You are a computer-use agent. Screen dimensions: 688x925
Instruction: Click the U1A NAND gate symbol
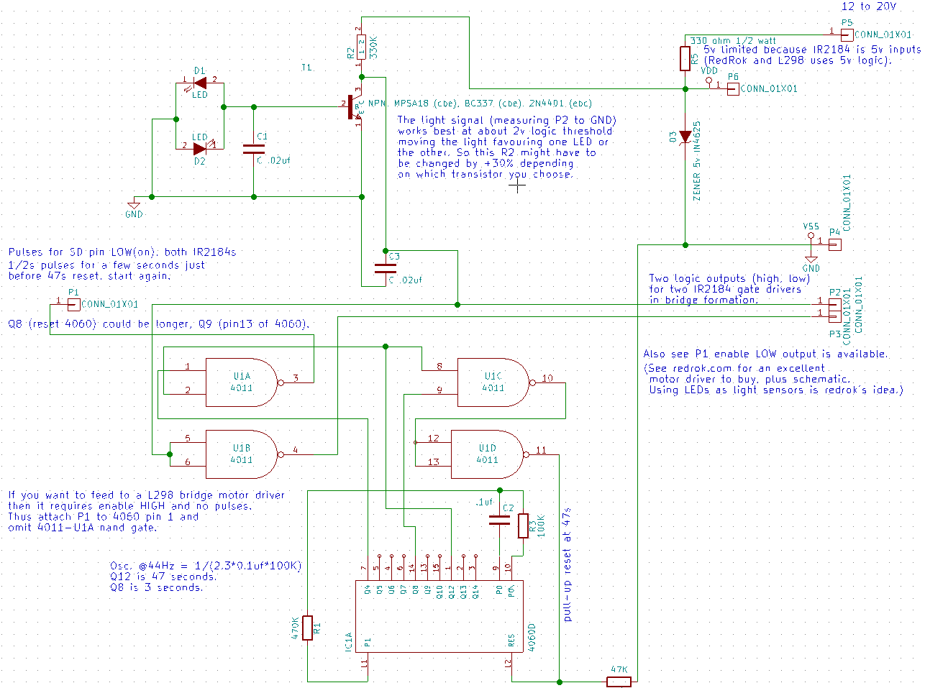pyautogui.click(x=242, y=382)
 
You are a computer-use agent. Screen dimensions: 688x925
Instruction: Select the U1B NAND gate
pyautogui.click(x=242, y=454)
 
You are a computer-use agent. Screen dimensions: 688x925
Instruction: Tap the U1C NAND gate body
pyautogui.click(x=493, y=382)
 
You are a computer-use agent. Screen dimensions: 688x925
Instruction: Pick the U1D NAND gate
pyautogui.click(x=487, y=454)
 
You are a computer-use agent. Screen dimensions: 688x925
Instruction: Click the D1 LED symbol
pyautogui.click(x=199, y=83)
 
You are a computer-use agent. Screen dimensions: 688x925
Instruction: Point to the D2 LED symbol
pyautogui.click(x=199, y=149)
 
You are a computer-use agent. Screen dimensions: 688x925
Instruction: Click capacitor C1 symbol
pyautogui.click(x=253, y=150)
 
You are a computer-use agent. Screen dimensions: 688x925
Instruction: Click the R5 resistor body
pyautogui.click(x=685, y=58)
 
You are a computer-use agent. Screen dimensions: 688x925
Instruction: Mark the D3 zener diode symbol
pyautogui.click(x=685, y=137)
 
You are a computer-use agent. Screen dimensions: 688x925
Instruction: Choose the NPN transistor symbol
pyautogui.click(x=354, y=107)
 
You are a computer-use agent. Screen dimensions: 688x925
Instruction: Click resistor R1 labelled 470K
pyautogui.click(x=307, y=628)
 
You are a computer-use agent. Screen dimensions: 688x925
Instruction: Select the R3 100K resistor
pyautogui.click(x=523, y=526)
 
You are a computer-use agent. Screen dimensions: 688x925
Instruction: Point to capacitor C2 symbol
pyautogui.click(x=499, y=520)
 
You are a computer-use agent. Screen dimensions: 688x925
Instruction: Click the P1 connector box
pyautogui.click(x=73, y=304)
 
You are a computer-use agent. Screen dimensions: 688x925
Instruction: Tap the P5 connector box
pyautogui.click(x=847, y=35)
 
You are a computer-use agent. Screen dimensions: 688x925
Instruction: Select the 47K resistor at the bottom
pyautogui.click(x=619, y=681)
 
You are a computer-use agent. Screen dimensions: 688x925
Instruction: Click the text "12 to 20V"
pyautogui.click(x=869, y=6)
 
